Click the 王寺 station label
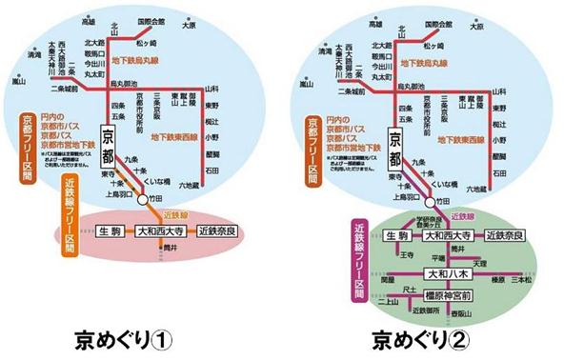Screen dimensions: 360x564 (x=407, y=256)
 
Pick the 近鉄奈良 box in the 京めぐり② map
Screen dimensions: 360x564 (x=507, y=234)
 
